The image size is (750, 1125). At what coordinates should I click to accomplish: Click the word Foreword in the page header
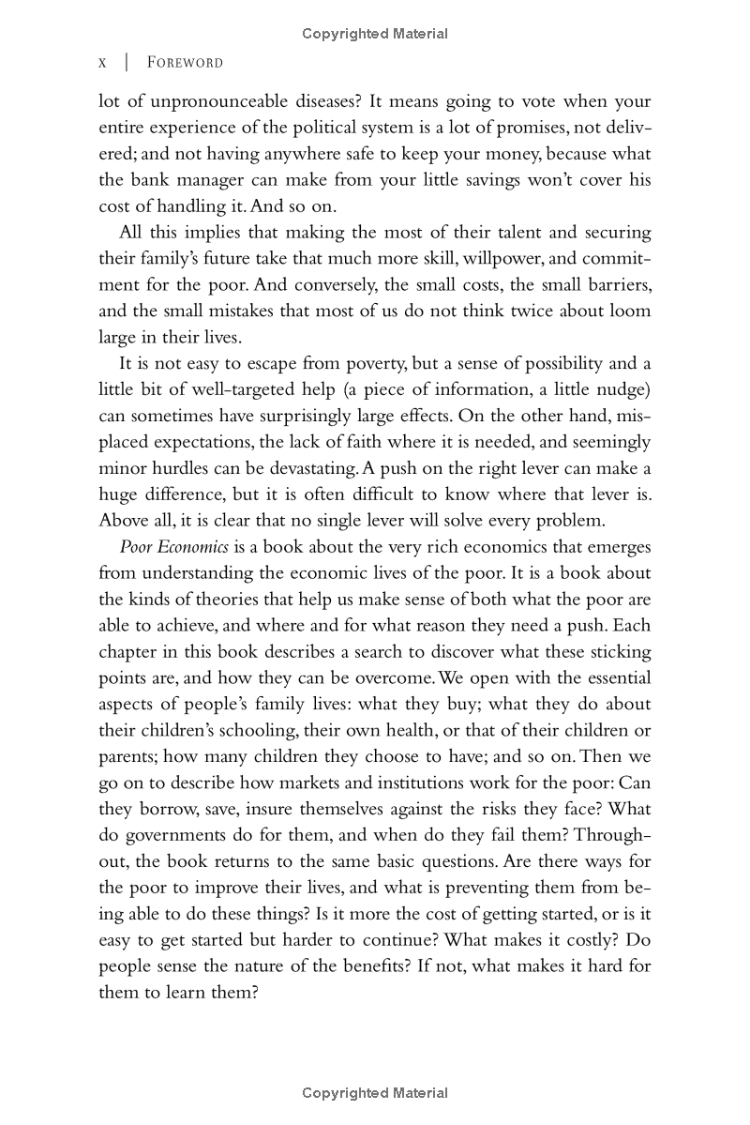click(186, 63)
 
